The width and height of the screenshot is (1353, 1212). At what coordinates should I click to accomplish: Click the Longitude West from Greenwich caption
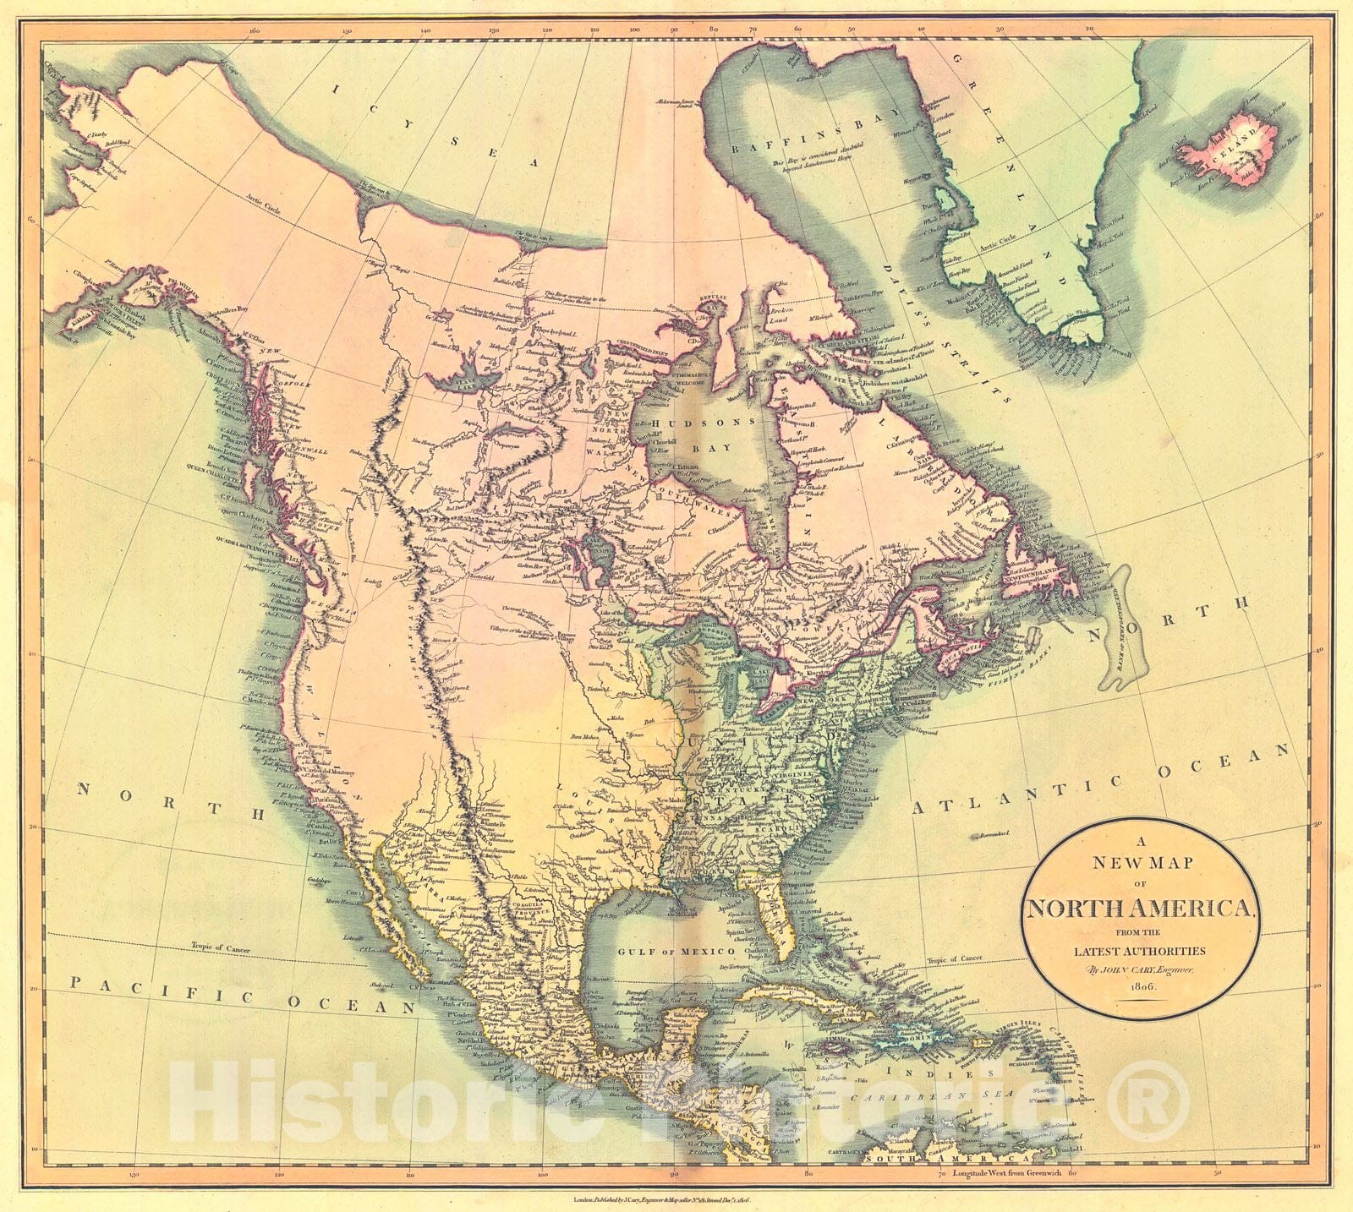point(1005,1174)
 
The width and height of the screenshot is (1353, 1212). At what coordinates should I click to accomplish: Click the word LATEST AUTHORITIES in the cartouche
point(1139,950)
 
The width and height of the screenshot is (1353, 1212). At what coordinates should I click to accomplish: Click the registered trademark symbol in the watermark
point(1147,1101)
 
